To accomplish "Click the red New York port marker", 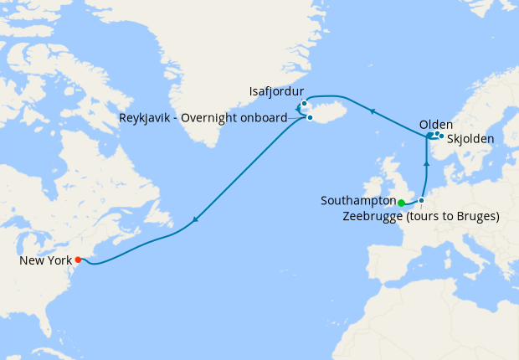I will (78, 260).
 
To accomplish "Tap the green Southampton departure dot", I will (401, 203).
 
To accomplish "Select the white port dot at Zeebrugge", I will (422, 200).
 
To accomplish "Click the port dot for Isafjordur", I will (304, 104).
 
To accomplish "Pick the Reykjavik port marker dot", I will (310, 117).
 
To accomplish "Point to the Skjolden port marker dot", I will (441, 136).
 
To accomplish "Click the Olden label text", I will (435, 125).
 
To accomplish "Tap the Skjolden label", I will (470, 138).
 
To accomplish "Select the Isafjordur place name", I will (276, 90).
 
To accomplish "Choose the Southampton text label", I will (357, 201).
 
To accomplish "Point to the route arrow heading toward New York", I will (194, 220).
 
